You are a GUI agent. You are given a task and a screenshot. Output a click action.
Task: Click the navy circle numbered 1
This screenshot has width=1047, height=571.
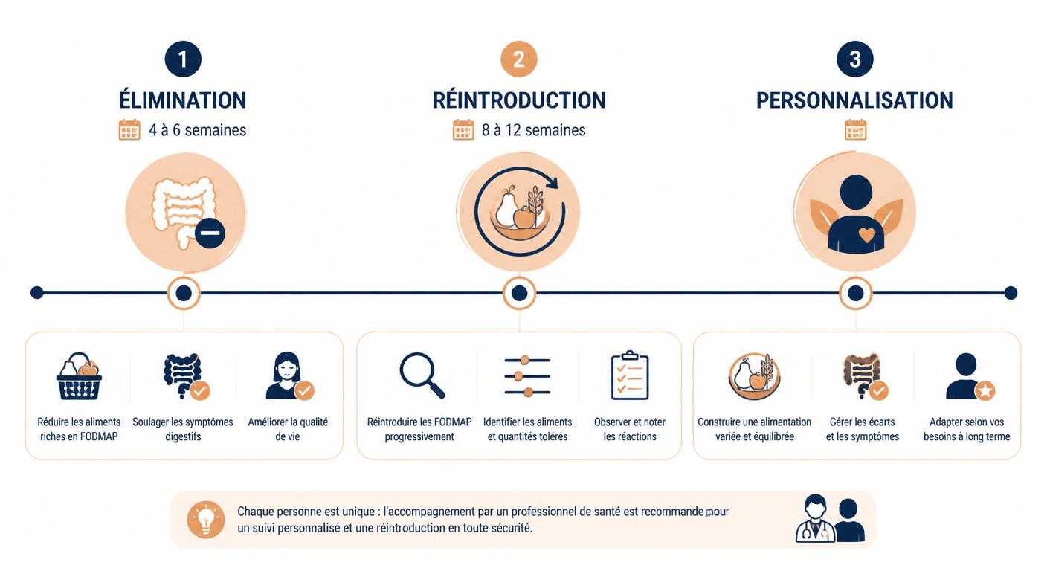(x=183, y=59)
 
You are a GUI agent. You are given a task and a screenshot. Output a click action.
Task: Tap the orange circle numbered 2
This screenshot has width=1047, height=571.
(x=519, y=59)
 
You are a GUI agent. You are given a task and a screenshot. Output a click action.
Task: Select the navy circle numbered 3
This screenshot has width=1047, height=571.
(x=855, y=59)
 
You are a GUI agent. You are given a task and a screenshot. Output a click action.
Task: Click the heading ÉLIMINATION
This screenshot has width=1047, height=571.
(x=183, y=100)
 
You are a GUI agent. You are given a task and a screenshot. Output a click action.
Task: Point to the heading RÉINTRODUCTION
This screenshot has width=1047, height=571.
(x=519, y=100)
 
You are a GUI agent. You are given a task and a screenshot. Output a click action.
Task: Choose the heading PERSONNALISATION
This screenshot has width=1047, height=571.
(x=854, y=100)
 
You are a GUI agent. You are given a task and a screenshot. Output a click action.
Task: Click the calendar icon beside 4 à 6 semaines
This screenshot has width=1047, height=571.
(x=129, y=130)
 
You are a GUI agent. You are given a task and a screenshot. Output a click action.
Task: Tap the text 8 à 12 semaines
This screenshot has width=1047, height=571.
(x=533, y=130)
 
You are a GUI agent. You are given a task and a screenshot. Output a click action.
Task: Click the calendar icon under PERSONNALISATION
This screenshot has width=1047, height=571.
(x=855, y=130)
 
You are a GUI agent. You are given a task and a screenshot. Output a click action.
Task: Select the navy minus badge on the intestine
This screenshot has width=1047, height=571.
(x=210, y=233)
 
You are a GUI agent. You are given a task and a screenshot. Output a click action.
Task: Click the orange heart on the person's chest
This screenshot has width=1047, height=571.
(x=866, y=234)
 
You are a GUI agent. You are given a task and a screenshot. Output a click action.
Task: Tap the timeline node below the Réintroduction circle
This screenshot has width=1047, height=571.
(x=519, y=294)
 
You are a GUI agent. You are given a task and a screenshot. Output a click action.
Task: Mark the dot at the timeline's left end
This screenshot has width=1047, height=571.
(x=37, y=293)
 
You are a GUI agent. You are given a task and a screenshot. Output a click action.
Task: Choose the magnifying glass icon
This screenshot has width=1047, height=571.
(x=422, y=375)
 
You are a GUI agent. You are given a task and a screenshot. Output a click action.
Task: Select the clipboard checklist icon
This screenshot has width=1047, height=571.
(x=630, y=375)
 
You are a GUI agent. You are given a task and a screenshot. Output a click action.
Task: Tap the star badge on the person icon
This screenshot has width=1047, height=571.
(x=985, y=390)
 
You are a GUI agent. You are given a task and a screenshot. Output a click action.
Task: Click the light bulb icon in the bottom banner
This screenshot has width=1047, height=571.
(x=206, y=520)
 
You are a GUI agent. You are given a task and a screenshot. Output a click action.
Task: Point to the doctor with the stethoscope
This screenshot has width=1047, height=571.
(x=815, y=519)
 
